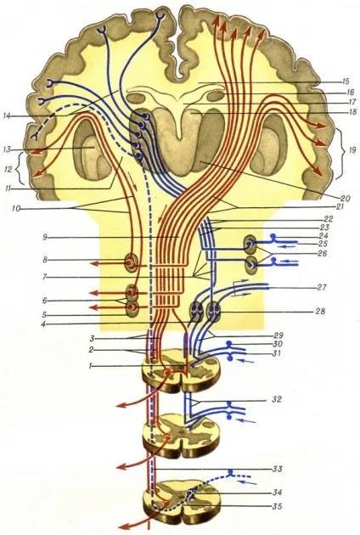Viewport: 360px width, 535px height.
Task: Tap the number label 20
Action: click(346, 197)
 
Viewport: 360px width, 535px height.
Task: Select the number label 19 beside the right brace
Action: click(352, 149)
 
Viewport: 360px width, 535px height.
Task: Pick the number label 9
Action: click(44, 236)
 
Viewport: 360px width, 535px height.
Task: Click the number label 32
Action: click(277, 399)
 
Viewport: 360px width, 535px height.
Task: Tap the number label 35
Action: click(278, 506)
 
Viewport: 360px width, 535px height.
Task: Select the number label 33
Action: click(277, 469)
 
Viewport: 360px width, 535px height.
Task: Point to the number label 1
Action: click(90, 366)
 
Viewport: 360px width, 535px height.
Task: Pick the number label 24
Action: click(322, 236)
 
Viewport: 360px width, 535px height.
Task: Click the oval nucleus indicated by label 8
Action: click(131, 262)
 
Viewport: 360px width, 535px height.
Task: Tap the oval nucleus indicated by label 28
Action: click(215, 312)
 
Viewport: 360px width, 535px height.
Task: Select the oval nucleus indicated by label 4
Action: click(196, 312)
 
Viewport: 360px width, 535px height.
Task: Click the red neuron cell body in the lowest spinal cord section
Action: click(166, 504)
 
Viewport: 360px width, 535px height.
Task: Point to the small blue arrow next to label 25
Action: click(288, 245)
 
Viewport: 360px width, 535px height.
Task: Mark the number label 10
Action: click(15, 209)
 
